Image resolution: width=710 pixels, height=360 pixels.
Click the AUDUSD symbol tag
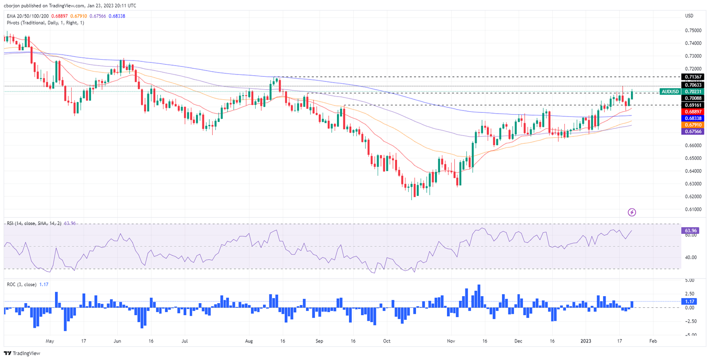click(669, 92)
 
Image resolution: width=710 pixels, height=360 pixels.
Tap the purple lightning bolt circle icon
click(632, 212)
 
